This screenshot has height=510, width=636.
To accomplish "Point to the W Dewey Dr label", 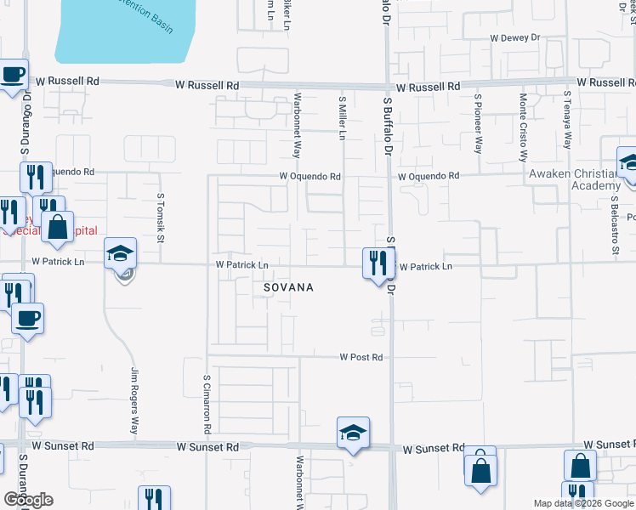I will coord(515,38).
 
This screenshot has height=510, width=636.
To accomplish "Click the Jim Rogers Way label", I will coord(134,400).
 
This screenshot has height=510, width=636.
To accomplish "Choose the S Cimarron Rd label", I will coord(207,403).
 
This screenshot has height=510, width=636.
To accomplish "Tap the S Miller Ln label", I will coord(344,117).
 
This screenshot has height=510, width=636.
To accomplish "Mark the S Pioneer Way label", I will coord(479,122).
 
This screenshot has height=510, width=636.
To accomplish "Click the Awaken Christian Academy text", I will coord(573,180).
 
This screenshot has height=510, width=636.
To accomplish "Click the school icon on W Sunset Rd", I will coord(353,433).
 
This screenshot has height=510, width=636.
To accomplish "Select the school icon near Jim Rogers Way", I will coord(120,253).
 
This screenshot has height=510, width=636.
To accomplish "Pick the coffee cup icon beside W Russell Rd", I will coord(13,75).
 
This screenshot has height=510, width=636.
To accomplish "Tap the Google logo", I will coord(28,500).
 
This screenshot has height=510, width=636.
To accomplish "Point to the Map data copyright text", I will coord(582,503).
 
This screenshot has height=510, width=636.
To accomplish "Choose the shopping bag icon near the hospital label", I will coord(57,228).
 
